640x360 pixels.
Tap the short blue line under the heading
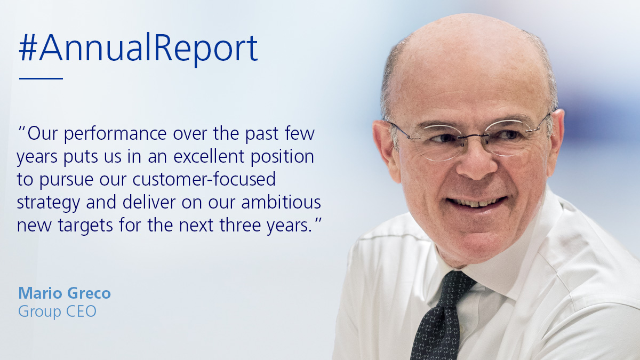point(41,78)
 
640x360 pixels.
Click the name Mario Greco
point(65,293)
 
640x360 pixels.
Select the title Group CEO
point(57,311)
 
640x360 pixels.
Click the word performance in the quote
point(115,134)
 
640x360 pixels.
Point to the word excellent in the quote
point(209,156)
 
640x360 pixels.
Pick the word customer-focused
point(204,179)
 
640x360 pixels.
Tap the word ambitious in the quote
point(281,202)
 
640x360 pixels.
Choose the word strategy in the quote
point(49,203)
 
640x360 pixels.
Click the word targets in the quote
point(85,226)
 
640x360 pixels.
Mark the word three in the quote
point(241,225)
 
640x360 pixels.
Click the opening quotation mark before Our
point(21,129)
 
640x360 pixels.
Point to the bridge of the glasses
point(474,137)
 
